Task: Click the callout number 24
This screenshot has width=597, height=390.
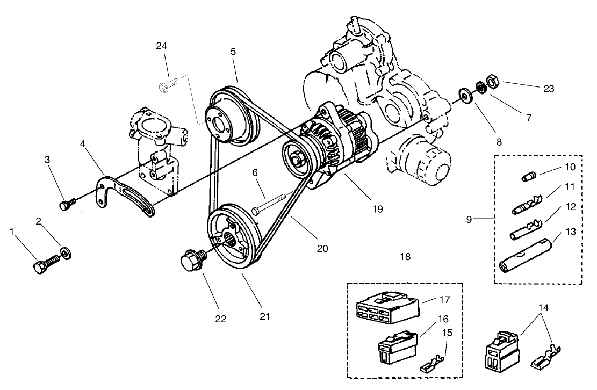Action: click(x=162, y=46)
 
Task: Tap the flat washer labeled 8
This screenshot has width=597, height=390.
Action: click(x=463, y=95)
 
